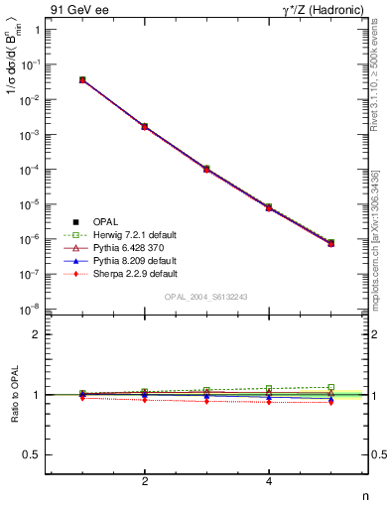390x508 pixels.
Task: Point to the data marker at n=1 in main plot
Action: [82, 79]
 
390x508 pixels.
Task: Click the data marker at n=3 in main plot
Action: [206, 169]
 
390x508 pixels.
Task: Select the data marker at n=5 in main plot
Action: [330, 242]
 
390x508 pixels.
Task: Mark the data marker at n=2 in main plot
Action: [145, 127]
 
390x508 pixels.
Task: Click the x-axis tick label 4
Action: [269, 481]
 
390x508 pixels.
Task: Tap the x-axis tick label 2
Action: [145, 481]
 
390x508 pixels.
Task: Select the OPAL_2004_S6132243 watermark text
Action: [206, 297]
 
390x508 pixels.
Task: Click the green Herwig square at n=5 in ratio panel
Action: [330, 387]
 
